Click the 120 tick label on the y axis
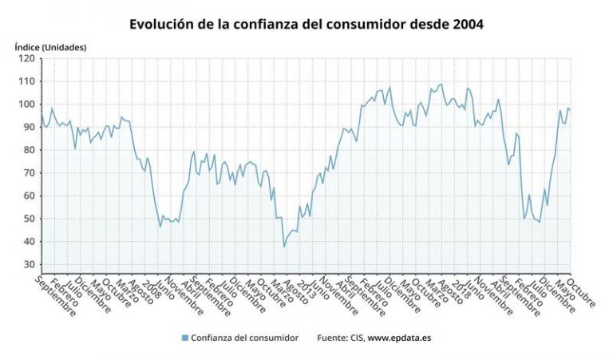tap(26, 58)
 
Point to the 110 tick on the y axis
tap(26, 81)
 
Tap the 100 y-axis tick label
tap(26, 104)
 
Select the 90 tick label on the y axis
tap(28, 127)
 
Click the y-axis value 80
tap(28, 150)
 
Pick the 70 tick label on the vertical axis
tap(28, 172)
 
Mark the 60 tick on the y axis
tap(28, 196)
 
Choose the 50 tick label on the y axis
tap(28, 219)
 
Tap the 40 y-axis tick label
tap(28, 241)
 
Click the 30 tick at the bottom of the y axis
tap(28, 264)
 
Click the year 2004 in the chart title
tap(465, 25)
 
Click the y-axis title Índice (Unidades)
tap(50, 47)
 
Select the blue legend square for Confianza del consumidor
tap(185, 338)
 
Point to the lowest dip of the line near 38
tap(284, 246)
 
